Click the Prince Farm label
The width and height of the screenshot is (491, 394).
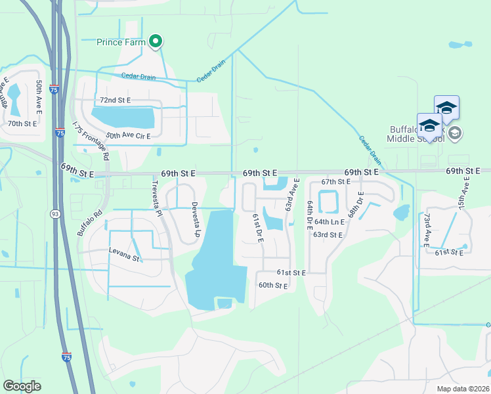point(121,43)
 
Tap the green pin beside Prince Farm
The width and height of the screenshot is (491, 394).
point(156,42)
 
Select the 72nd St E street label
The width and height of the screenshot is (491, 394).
point(115,100)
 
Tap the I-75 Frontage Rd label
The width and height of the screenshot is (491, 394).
point(90,141)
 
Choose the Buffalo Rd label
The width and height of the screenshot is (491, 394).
point(90,221)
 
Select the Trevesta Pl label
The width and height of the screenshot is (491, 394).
point(158,198)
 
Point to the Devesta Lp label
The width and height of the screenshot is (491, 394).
point(195,219)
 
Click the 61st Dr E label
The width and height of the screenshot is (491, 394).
point(257,227)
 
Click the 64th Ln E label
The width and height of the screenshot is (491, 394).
point(328,221)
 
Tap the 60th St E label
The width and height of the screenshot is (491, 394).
point(273,286)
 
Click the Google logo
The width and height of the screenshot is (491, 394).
point(22,386)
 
